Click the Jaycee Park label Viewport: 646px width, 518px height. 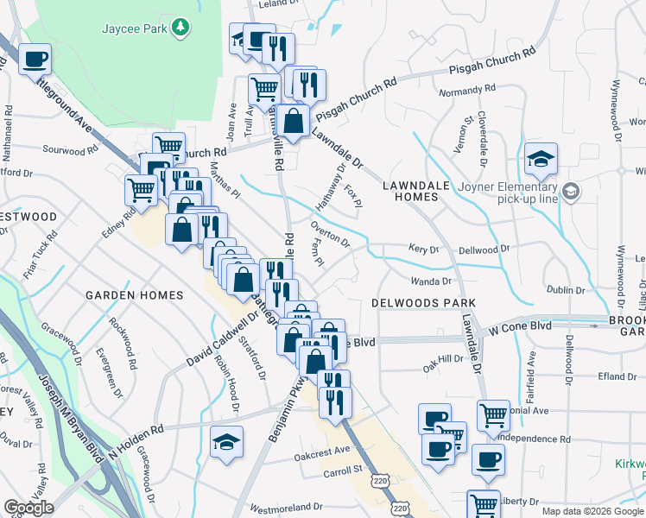tap(133, 28)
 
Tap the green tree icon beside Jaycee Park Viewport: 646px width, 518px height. tap(180, 28)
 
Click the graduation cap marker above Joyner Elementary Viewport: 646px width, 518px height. tap(541, 160)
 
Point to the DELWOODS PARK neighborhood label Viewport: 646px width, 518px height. tap(423, 304)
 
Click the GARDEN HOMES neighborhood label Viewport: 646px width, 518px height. tap(134, 295)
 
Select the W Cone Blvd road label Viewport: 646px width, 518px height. tap(520, 327)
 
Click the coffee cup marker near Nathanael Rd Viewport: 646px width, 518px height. tap(35, 60)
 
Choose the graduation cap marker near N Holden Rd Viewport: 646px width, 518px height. tap(225, 442)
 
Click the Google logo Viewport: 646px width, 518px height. tap(28, 508)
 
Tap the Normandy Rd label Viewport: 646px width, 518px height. tap(467, 89)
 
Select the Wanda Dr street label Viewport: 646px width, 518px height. tap(431, 281)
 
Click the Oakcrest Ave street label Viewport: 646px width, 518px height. tap(322, 450)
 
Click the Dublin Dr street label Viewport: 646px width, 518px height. tap(566, 290)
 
